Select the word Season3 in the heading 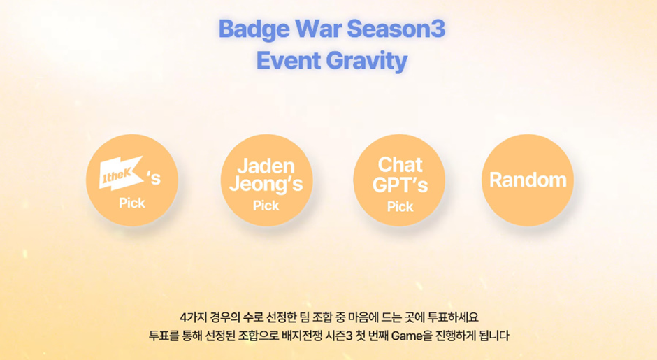coord(396,29)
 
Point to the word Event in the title coord(288,60)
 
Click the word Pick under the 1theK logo coord(132,203)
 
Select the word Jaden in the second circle coord(266,166)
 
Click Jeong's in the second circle coord(266,184)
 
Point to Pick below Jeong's coord(266,206)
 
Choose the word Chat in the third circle coord(400,164)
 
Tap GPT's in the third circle coord(400,185)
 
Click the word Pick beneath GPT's coord(400,207)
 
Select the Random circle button coord(528,180)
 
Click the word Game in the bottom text coord(407,336)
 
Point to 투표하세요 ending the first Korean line coord(453,317)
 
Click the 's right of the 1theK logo coord(153,178)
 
